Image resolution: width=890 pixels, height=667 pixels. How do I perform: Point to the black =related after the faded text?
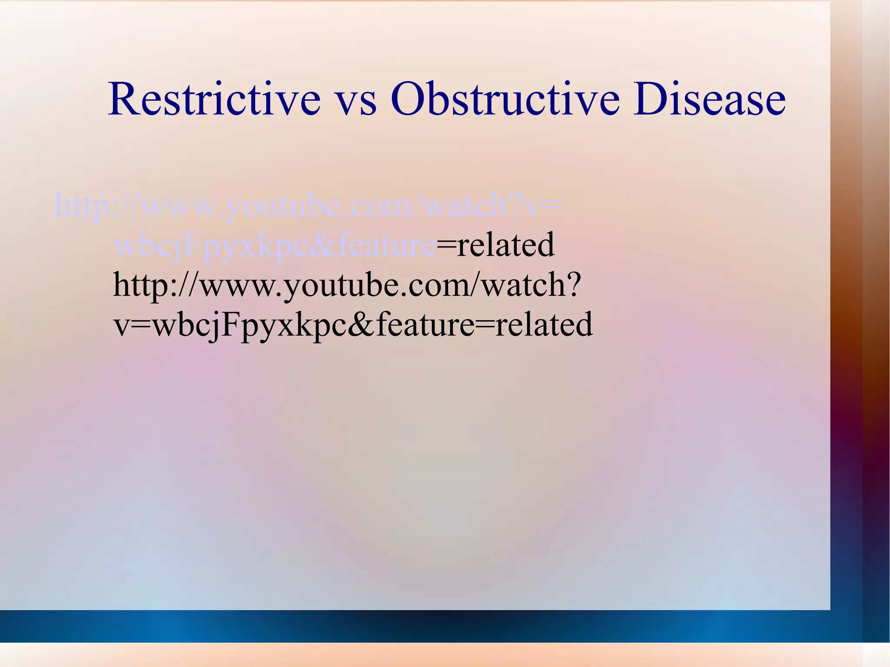point(495,245)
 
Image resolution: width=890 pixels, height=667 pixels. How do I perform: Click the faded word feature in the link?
point(387,245)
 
